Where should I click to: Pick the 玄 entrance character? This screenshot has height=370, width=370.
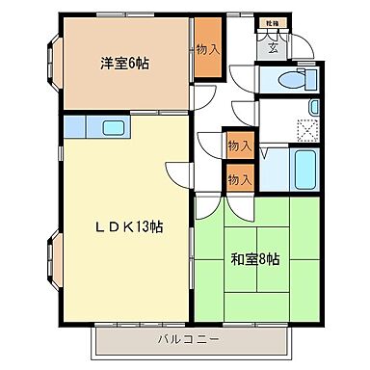[273, 45]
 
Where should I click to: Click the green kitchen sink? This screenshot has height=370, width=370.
[111, 127]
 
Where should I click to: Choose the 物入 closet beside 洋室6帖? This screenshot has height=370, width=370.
[205, 49]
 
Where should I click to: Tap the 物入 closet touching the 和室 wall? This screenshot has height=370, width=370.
[238, 178]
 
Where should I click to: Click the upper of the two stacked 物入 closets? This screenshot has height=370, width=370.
[238, 145]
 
